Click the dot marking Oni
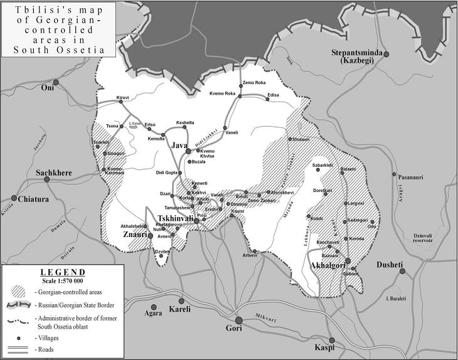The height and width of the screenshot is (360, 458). [56, 82]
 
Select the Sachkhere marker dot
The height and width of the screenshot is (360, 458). [47, 179]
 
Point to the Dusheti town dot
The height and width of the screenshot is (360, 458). [403, 271]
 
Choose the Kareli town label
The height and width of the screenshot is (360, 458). [181, 309]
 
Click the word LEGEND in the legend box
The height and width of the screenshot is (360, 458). [62, 272]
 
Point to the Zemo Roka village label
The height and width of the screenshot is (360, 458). [255, 83]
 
